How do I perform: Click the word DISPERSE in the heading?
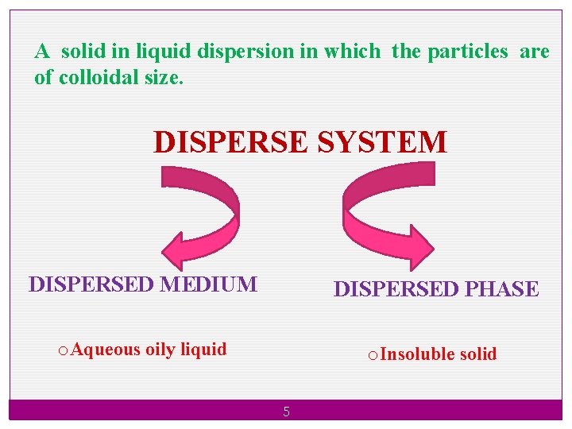click(x=231, y=142)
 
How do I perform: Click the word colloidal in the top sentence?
click(x=98, y=79)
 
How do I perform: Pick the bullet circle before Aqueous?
click(x=63, y=350)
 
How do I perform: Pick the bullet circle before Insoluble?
click(x=373, y=354)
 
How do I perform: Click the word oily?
click(x=160, y=350)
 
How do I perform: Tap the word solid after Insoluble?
click(x=478, y=354)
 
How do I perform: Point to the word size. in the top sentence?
click(x=165, y=79)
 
